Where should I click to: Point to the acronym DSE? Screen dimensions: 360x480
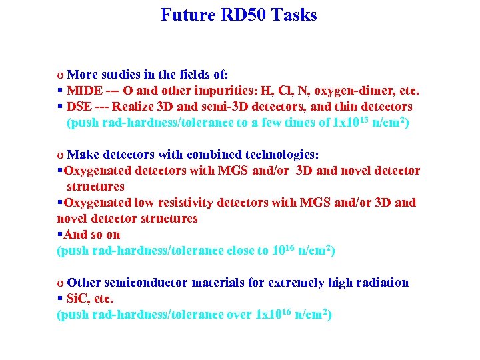point(79,107)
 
